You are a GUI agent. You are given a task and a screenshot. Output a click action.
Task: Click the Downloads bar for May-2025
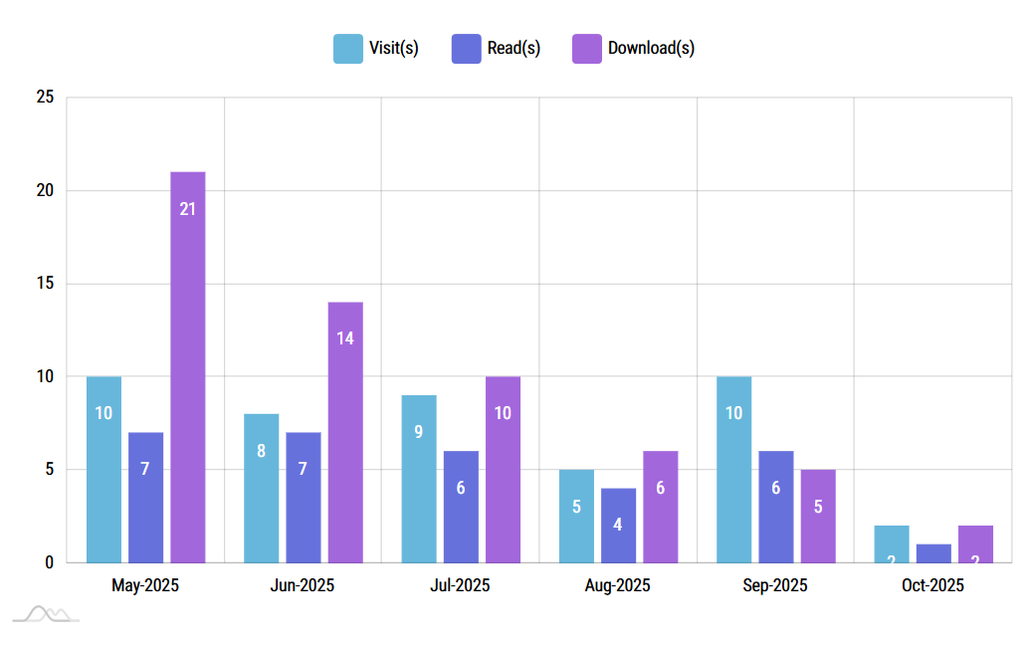coord(187,367)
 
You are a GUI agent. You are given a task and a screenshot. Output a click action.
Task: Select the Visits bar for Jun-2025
coord(261,488)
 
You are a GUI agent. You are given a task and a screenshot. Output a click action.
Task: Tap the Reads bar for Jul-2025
coord(461,507)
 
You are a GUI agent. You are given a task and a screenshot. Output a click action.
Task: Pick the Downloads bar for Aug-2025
coord(660,507)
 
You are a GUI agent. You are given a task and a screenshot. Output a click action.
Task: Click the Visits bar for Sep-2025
coord(733,469)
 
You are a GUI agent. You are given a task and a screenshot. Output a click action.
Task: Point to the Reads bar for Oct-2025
coord(933,553)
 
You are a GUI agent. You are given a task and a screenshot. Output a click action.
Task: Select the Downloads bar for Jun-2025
coord(345,432)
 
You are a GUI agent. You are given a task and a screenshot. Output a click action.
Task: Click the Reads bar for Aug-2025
coord(618,525)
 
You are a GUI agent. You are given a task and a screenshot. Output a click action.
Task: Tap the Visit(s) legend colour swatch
coord(348,48)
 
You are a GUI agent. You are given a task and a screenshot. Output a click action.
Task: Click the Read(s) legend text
coord(513,48)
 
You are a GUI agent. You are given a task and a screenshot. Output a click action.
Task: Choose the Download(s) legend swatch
coord(587,48)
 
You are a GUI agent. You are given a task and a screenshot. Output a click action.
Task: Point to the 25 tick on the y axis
coord(45,98)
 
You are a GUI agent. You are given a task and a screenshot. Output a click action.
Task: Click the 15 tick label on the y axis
coord(45,284)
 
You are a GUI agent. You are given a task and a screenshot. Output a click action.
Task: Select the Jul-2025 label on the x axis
coord(460,585)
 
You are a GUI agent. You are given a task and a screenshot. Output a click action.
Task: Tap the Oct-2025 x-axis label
coord(932,585)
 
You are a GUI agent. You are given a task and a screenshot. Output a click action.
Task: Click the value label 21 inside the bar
coord(187,209)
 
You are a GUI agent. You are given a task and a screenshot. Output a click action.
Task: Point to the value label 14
coord(345,338)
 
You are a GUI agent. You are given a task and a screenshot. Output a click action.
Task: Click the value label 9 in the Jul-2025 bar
coord(419,432)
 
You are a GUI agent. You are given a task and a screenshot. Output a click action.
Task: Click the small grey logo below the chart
coord(47,614)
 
